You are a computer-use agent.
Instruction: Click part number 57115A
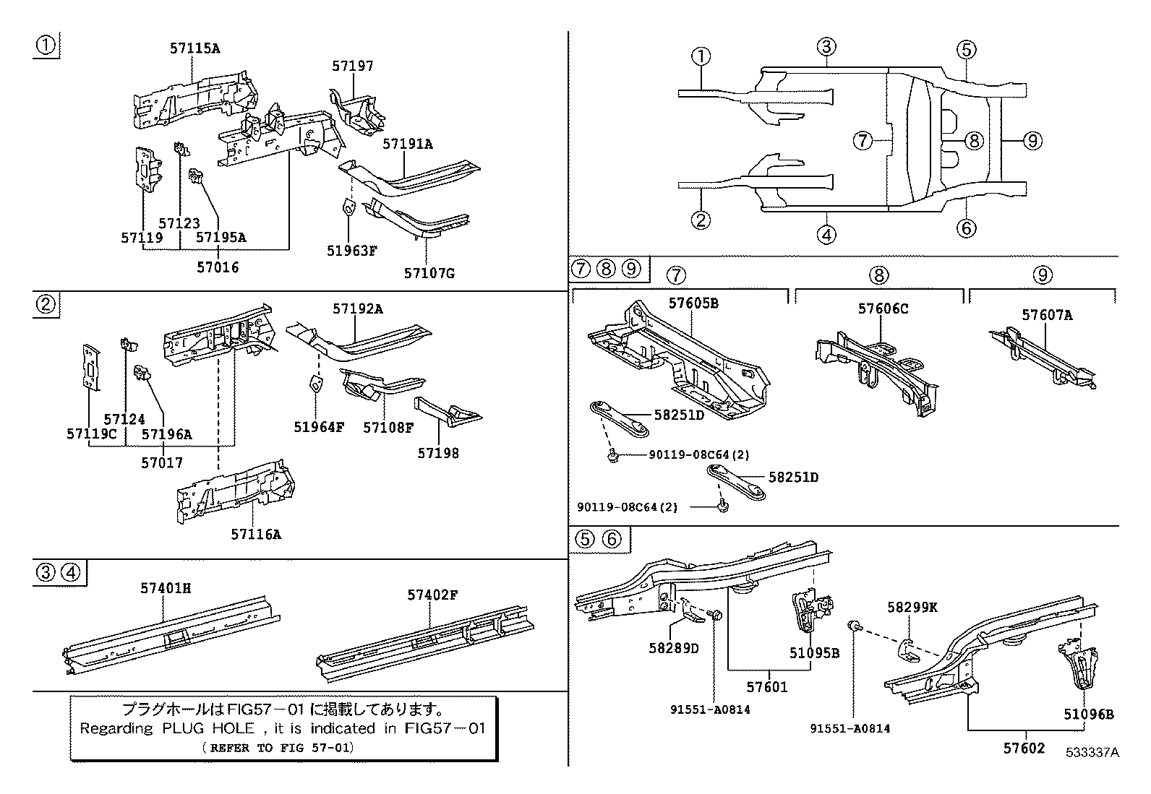194,49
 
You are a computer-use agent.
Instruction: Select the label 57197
353,66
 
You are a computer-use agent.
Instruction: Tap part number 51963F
351,251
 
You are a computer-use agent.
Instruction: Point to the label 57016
218,267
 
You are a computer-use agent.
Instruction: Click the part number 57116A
255,535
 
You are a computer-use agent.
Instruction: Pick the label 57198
437,454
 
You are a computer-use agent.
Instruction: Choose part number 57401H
166,589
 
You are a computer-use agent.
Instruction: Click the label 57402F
432,595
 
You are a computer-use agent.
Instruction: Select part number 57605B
693,303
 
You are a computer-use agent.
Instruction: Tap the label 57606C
883,309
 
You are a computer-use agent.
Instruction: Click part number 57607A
1046,315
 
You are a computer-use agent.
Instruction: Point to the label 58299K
912,608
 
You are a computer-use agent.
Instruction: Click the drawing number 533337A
1091,752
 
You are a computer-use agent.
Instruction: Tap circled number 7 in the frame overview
863,140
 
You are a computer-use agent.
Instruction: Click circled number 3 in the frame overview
827,48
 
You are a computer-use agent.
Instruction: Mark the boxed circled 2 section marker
46,304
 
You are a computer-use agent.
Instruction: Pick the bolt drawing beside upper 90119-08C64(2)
613,456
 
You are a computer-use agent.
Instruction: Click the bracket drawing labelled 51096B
1080,668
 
